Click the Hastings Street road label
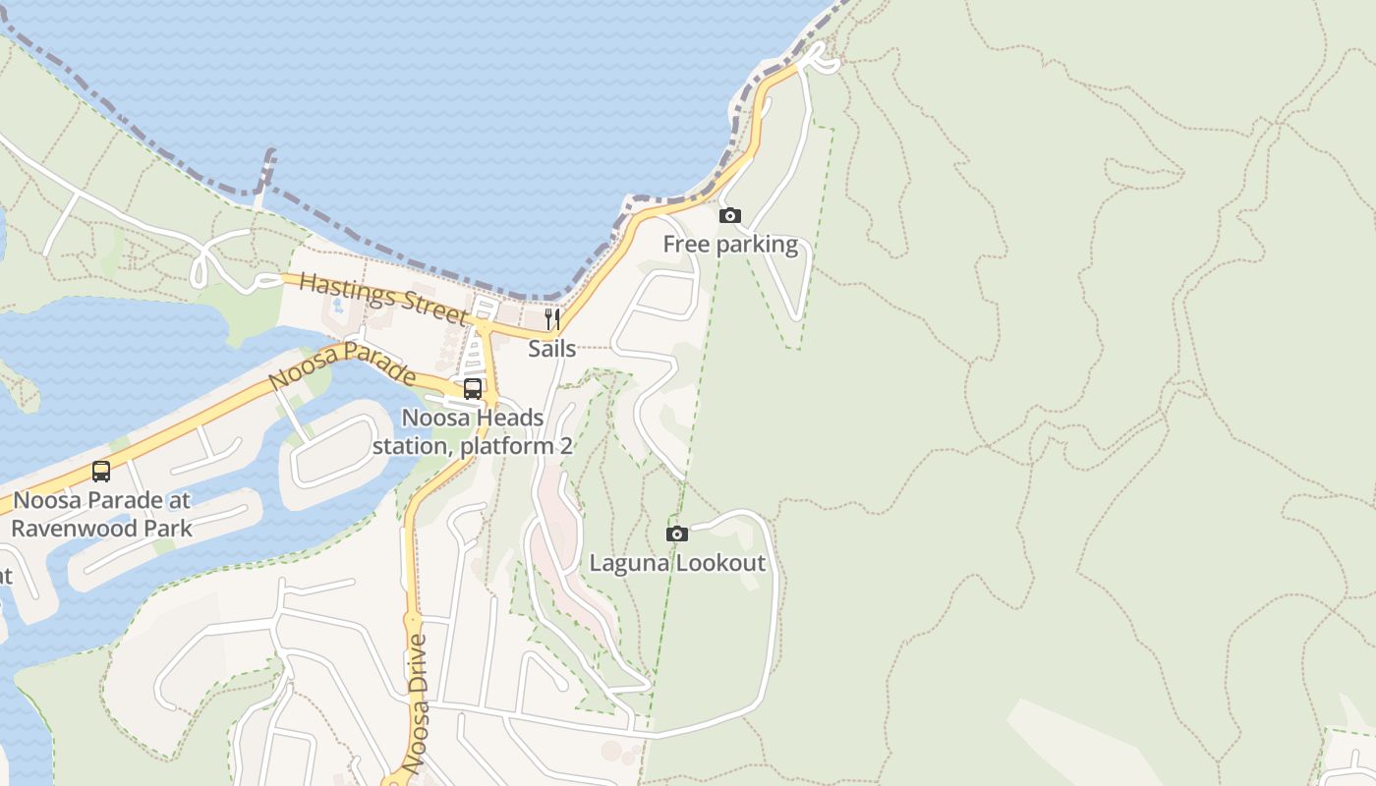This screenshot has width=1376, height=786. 382,298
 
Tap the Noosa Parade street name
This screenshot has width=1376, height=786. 342,365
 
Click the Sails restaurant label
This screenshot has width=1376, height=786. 551,348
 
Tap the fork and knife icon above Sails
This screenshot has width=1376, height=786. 552,319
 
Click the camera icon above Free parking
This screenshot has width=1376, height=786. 729,215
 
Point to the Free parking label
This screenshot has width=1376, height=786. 730,244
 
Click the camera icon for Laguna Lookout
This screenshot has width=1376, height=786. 676,533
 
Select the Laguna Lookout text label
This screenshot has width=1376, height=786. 676,563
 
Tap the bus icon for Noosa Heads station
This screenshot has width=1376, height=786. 472,388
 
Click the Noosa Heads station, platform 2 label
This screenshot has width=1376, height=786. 472,431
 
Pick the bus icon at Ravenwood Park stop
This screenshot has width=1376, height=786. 100,472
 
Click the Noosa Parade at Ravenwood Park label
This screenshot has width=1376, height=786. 101,514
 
